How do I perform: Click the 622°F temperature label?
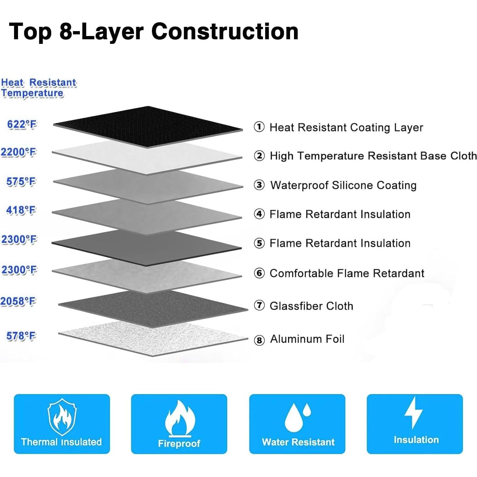(x=22, y=124)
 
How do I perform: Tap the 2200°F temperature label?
(x=19, y=152)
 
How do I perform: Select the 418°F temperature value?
(x=21, y=211)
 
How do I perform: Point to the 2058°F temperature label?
(x=18, y=302)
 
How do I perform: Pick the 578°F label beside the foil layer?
(x=21, y=336)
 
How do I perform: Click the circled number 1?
(x=259, y=127)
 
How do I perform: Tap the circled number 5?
(x=259, y=243)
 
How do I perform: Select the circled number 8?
(x=259, y=340)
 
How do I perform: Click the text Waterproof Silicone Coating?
(x=343, y=185)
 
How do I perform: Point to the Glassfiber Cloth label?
(x=311, y=306)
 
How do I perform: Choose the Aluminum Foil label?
(x=307, y=339)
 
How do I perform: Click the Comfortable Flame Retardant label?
(x=347, y=273)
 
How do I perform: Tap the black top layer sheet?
(x=148, y=127)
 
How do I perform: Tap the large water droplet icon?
(x=294, y=418)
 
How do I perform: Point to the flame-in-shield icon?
(x=62, y=417)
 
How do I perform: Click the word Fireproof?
(x=179, y=443)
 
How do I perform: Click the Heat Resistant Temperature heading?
(x=39, y=88)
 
